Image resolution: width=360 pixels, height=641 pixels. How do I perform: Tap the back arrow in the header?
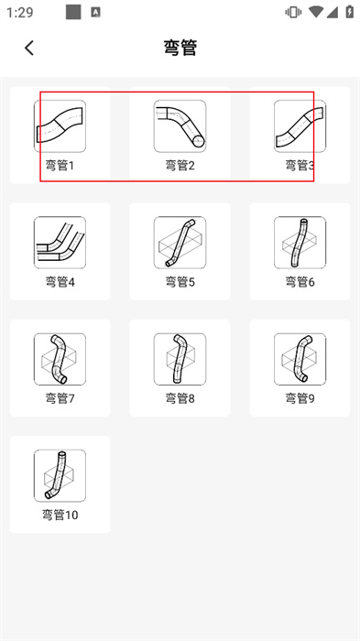pyautogui.click(x=29, y=48)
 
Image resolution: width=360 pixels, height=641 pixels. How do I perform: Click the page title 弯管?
pyautogui.click(x=180, y=48)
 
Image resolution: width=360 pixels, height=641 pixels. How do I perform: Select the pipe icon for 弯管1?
pyautogui.click(x=60, y=126)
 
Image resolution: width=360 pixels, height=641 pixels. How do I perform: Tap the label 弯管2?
pyautogui.click(x=180, y=166)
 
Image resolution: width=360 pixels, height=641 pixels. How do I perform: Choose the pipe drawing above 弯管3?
pyautogui.click(x=300, y=126)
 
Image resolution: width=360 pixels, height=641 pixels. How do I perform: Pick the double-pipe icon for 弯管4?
pyautogui.click(x=60, y=243)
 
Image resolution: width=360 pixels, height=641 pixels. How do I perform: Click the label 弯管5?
pyautogui.click(x=180, y=282)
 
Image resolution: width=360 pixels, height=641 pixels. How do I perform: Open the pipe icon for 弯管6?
pyautogui.click(x=300, y=243)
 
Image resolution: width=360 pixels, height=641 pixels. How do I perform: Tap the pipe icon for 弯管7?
pyautogui.click(x=60, y=359)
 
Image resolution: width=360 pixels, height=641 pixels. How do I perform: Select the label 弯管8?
pyautogui.click(x=180, y=398)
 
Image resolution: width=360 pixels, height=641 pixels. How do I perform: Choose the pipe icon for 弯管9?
pyautogui.click(x=300, y=359)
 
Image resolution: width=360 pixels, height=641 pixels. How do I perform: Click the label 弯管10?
pyautogui.click(x=60, y=515)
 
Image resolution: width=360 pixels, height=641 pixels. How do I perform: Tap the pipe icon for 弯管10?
pyautogui.click(x=60, y=475)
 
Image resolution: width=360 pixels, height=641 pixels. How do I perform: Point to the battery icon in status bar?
pyautogui.click(x=349, y=12)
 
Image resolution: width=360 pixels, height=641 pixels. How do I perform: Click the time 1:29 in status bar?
pyautogui.click(x=19, y=12)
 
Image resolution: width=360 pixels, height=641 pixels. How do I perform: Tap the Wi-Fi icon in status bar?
pyautogui.click(x=316, y=12)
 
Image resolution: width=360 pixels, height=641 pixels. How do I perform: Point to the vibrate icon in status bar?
pyautogui.click(x=293, y=12)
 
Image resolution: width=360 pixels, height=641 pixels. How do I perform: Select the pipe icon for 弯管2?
pyautogui.click(x=180, y=126)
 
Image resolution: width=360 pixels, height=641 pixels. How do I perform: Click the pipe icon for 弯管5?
pyautogui.click(x=180, y=243)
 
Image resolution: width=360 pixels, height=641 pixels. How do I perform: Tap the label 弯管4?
pyautogui.click(x=60, y=282)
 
